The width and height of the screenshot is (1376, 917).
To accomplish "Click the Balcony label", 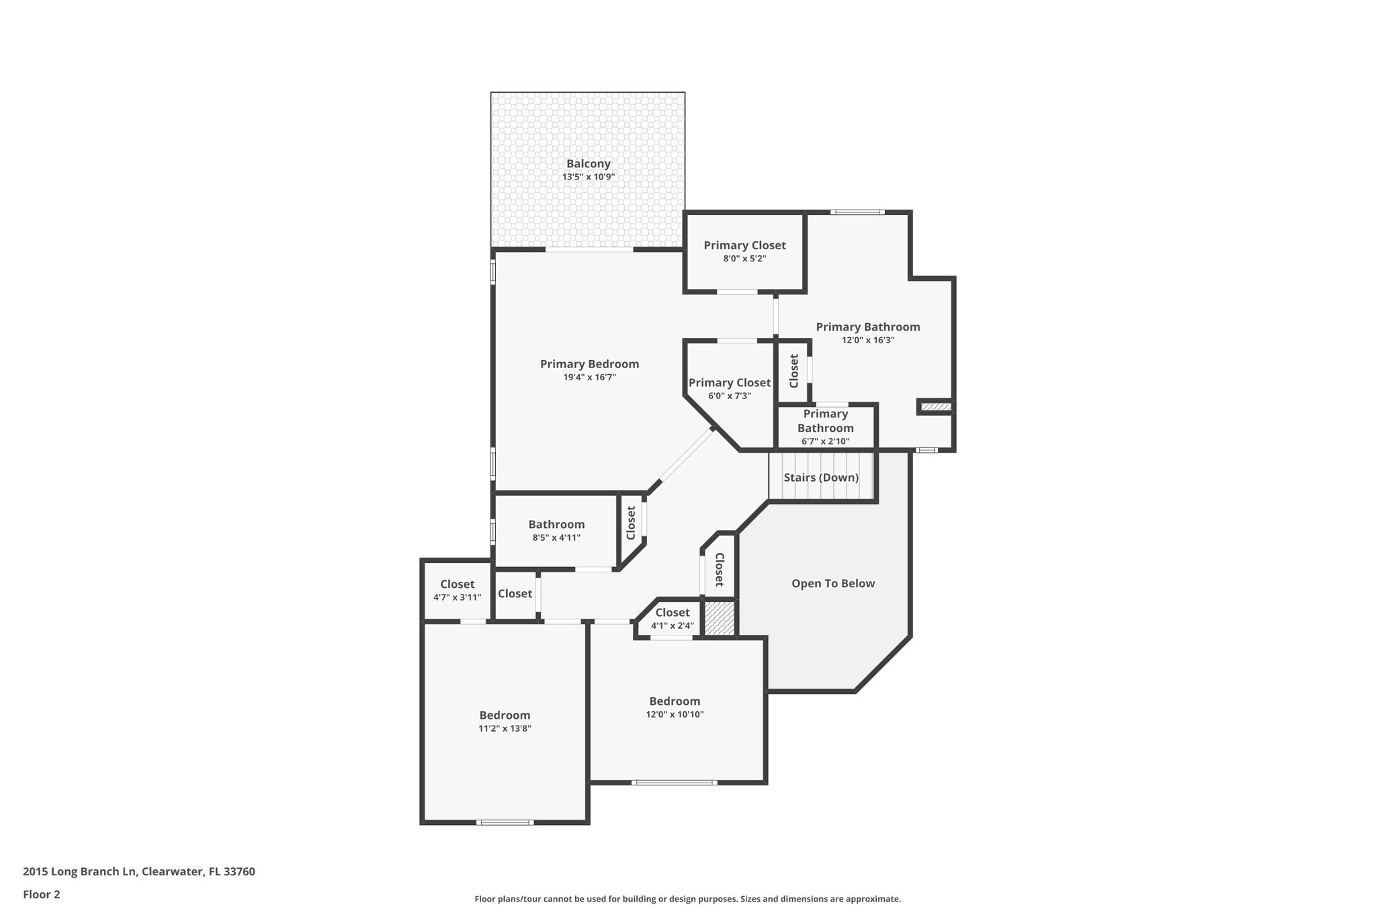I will pyautogui.click(x=588, y=164).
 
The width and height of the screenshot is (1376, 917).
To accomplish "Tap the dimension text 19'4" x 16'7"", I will pyautogui.click(x=589, y=378).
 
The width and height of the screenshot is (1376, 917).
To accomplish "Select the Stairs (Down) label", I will pyautogui.click(x=821, y=478).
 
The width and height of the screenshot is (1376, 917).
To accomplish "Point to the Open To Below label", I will pyautogui.click(x=833, y=583).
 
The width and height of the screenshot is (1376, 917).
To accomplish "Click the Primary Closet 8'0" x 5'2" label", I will pyautogui.click(x=744, y=251).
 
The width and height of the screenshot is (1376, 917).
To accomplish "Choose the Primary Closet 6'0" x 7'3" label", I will pyautogui.click(x=729, y=388).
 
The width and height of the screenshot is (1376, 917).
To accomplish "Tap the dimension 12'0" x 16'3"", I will pyautogui.click(x=867, y=341).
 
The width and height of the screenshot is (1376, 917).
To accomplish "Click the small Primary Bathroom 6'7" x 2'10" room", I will pyautogui.click(x=825, y=427).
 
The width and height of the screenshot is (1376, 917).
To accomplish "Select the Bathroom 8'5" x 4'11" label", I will pyautogui.click(x=556, y=530).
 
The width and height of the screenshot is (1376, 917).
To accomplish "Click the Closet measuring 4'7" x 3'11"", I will pyautogui.click(x=457, y=590).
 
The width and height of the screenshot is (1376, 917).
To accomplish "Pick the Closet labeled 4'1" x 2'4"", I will pyautogui.click(x=672, y=618).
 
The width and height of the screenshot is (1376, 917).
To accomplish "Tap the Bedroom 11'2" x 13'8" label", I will pyautogui.click(x=505, y=721).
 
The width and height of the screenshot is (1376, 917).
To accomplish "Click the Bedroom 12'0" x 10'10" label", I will pyautogui.click(x=675, y=707).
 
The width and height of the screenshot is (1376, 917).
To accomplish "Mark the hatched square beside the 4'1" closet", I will pyautogui.click(x=719, y=618).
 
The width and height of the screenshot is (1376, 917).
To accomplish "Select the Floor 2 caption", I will pyautogui.click(x=42, y=894).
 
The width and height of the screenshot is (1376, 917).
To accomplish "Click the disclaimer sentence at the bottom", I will pyautogui.click(x=687, y=899).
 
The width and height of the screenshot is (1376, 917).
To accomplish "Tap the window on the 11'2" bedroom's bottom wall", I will pyautogui.click(x=505, y=822).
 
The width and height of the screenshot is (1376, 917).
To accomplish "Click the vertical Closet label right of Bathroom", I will pyautogui.click(x=631, y=523).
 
